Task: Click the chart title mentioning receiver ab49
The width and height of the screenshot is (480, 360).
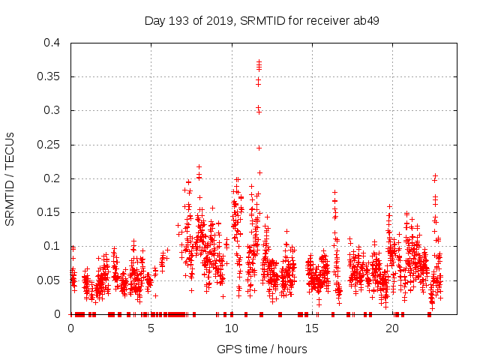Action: [x=261, y=20]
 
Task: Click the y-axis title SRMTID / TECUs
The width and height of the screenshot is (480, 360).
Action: [x=10, y=178]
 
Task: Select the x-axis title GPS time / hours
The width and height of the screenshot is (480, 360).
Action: [x=262, y=349]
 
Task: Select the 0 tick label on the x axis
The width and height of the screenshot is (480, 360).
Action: [x=71, y=328]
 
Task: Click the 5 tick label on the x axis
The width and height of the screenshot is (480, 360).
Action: [x=151, y=328]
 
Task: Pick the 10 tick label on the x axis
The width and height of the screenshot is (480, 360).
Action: [x=232, y=328]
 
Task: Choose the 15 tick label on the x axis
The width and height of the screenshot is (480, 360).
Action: [x=312, y=328]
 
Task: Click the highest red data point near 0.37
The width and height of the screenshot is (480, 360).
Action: [x=259, y=62]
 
